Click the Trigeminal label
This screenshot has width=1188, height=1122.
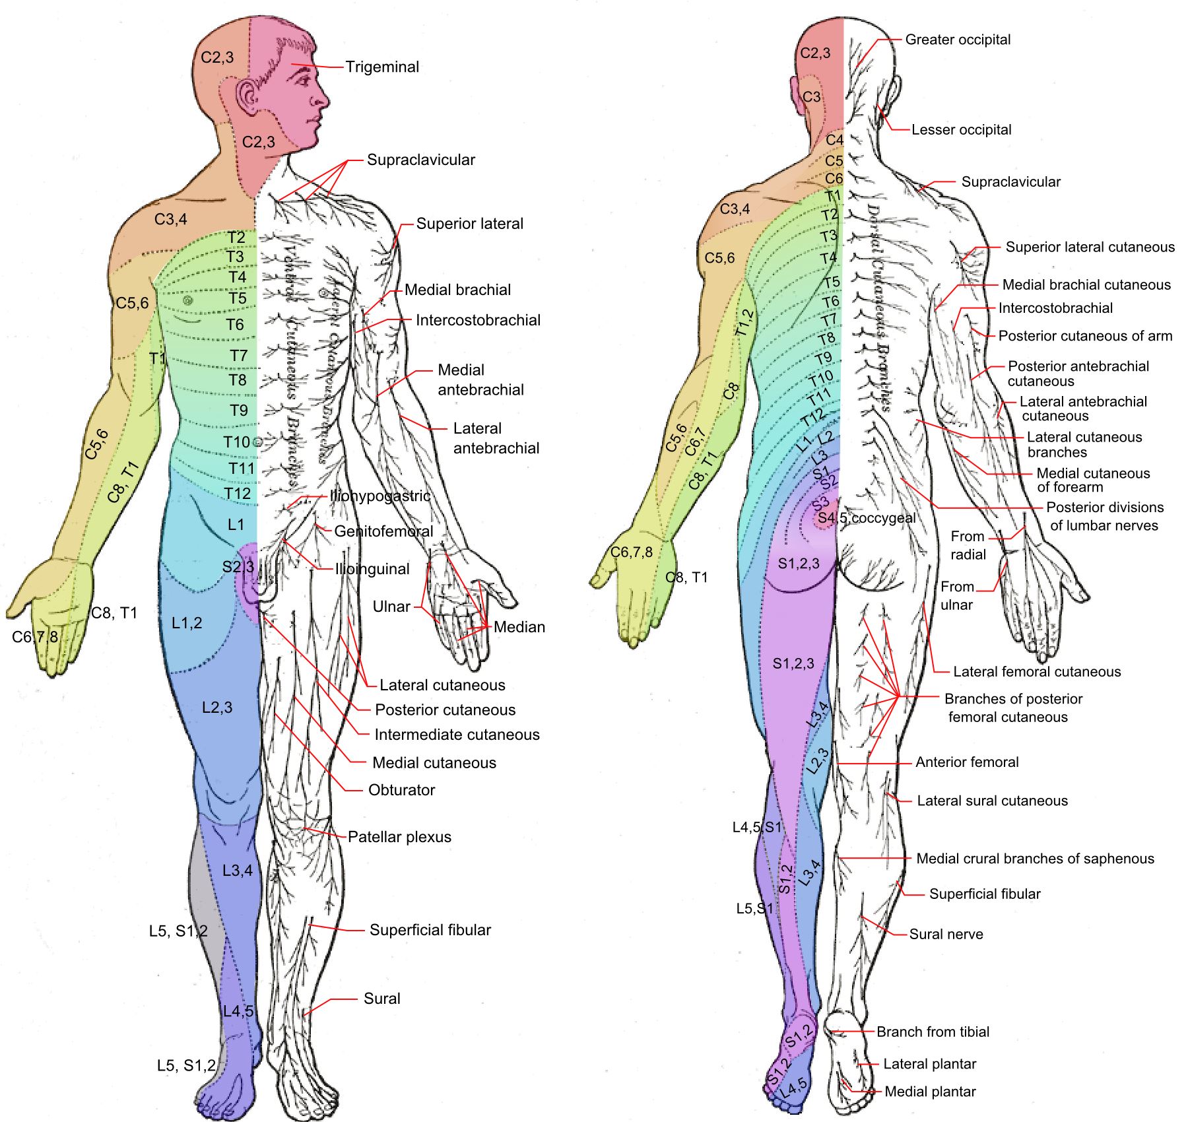[x=382, y=67]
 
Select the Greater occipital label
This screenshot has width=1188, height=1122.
[x=957, y=40]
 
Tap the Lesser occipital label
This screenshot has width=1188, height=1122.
[x=961, y=130]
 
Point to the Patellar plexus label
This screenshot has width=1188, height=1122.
[x=399, y=837]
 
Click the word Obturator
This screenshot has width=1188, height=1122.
[x=401, y=790]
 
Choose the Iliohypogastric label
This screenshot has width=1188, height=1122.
[x=379, y=496]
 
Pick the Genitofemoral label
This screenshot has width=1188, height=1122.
[x=383, y=531]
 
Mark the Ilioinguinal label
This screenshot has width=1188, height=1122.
[x=372, y=569]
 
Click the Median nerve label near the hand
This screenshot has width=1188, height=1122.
[x=519, y=627]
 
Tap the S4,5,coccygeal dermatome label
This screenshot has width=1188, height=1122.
[x=866, y=518]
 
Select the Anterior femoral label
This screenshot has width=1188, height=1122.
[x=967, y=762]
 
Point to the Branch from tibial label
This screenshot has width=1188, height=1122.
[x=933, y=1032]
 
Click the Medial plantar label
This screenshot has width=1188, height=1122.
[x=930, y=1092]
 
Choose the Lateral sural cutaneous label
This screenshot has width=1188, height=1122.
[x=992, y=801]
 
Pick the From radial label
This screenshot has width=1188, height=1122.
[x=968, y=545]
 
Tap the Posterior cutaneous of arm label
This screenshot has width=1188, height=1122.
[x=1085, y=336]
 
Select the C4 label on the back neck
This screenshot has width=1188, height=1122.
[x=834, y=140]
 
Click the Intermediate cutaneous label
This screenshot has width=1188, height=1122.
[x=457, y=735]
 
